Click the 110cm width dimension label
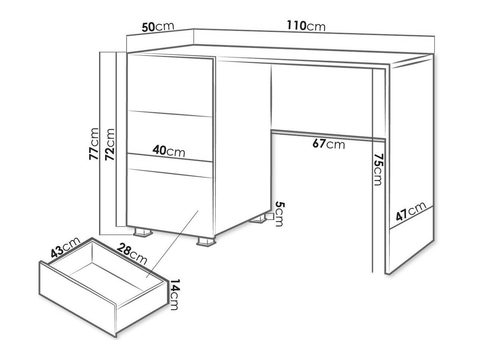click(306, 26)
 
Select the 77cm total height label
click(94, 144)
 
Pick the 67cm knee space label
click(329, 144)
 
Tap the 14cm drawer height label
click(175, 294)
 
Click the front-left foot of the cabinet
click(143, 232)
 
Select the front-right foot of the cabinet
click(206, 242)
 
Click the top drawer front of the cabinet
click(170, 85)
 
